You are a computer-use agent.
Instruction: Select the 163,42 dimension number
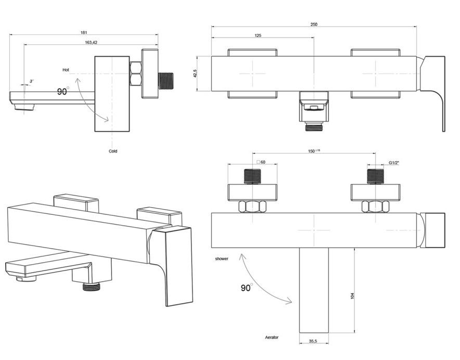pos(91,42)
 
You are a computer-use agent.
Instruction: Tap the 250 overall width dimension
pos(314,24)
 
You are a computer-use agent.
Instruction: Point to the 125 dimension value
pos(258,35)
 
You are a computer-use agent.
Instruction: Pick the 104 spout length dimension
pos(352,296)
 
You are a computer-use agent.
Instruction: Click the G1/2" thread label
pos(394,162)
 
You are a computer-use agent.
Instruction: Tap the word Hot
pos(66,69)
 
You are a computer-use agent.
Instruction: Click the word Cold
pos(113,151)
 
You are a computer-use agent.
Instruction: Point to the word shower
pos(221,259)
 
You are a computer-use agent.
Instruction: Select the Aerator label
pos(272,338)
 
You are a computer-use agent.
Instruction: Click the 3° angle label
pos(32,81)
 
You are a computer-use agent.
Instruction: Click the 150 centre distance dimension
pos(314,151)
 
